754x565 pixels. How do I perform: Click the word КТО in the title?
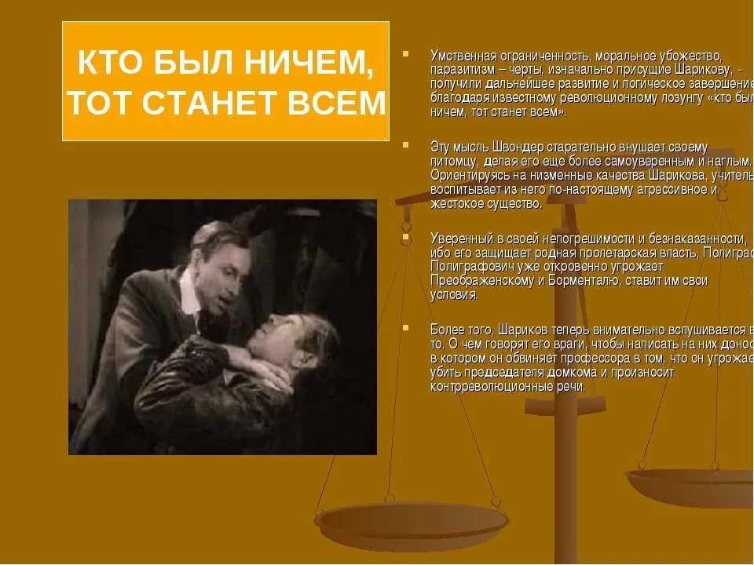pos(109,64)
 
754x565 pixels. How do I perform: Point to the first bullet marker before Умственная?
pos(406,54)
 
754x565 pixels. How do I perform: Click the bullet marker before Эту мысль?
pos(406,144)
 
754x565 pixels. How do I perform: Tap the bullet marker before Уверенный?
pos(406,235)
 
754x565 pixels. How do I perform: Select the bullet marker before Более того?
pos(406,325)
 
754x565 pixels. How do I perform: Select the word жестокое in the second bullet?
pos(454,204)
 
